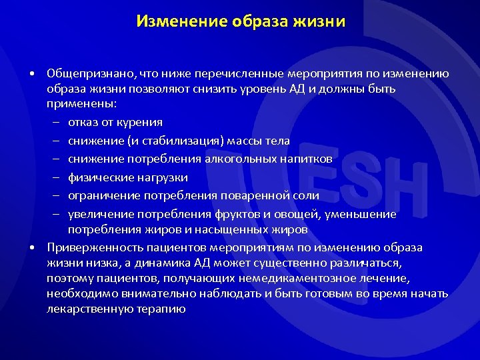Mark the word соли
(305, 196)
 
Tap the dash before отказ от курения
(57, 123)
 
